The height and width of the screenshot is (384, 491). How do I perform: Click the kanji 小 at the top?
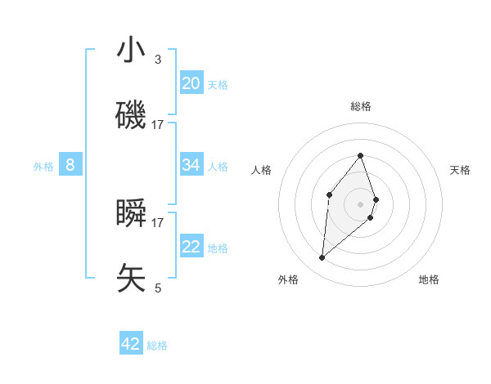(x=131, y=51)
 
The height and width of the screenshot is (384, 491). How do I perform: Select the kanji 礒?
(x=131, y=114)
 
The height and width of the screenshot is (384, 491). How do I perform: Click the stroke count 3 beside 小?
(x=158, y=60)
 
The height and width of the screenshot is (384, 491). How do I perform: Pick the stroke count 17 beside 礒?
(x=158, y=125)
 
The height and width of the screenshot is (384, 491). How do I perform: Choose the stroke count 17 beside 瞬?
(x=158, y=222)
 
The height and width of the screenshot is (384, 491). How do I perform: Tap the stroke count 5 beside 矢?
(x=158, y=288)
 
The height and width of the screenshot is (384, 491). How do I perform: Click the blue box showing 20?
(x=191, y=83)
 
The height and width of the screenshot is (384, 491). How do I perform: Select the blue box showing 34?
(x=191, y=165)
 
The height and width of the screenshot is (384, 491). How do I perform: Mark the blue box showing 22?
(x=191, y=247)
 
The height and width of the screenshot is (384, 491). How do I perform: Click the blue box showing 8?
(x=70, y=165)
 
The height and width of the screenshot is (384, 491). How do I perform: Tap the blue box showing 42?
(x=131, y=344)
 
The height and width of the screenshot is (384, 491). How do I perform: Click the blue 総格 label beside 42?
(x=157, y=346)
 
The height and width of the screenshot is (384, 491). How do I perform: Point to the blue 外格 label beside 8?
(x=43, y=167)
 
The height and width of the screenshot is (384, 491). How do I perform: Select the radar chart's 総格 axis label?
(x=360, y=106)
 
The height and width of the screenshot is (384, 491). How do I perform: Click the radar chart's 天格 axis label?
(x=461, y=170)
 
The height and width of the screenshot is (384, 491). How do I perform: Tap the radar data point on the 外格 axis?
(x=322, y=258)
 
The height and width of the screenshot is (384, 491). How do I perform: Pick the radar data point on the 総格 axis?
(x=360, y=155)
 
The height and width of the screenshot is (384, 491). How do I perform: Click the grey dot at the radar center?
(x=360, y=203)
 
